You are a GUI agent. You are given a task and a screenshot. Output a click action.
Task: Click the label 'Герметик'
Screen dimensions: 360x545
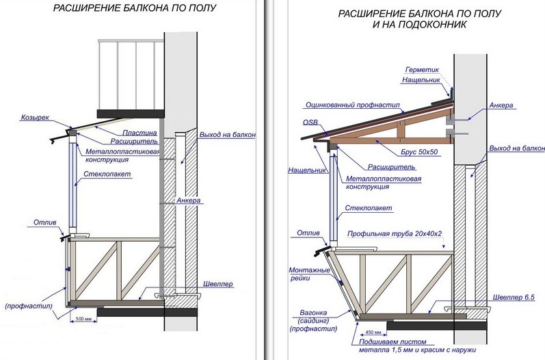421,69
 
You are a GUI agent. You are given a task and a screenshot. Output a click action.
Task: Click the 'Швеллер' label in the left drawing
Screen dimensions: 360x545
217,283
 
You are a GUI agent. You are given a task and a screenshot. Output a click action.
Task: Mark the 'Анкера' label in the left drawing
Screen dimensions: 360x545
188,201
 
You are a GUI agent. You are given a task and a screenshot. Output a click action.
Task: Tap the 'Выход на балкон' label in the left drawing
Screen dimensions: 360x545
228,136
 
